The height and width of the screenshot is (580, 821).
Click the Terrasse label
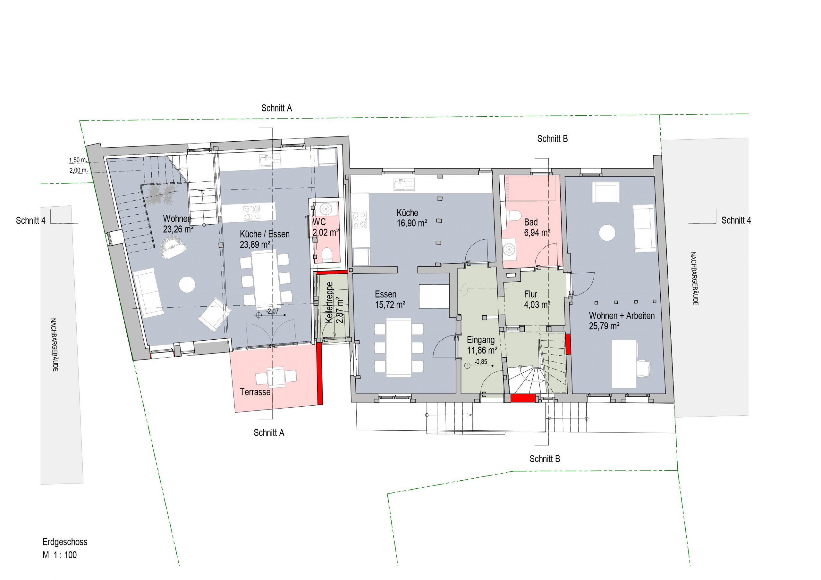[255, 392]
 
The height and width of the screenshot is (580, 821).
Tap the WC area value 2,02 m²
[326, 232]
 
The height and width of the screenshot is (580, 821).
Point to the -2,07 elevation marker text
[273, 311]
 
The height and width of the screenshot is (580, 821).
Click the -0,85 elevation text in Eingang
[481, 362]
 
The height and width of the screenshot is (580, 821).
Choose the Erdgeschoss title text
[65, 542]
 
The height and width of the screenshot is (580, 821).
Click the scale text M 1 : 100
[60, 555]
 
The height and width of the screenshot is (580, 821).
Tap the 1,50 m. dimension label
[78, 160]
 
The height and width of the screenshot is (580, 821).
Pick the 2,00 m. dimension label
[78, 170]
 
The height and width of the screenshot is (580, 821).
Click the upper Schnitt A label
[276, 108]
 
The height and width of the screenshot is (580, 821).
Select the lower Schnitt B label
[545, 459]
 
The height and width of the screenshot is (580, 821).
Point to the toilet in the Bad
[513, 215]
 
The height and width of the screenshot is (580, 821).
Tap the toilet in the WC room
[327, 254]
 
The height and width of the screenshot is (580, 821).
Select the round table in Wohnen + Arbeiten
[607, 233]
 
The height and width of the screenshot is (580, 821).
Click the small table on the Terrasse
[276, 377]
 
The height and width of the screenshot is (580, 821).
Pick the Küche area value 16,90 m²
[412, 223]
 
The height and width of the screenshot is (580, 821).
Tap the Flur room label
[530, 294]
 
